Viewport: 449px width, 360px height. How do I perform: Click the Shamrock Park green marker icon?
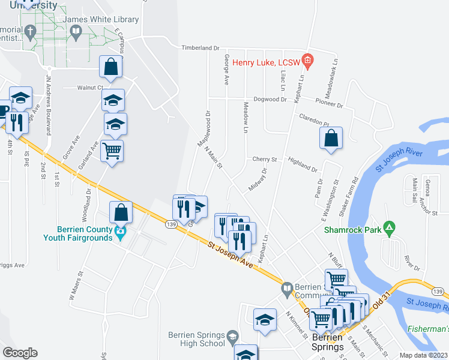click(x=390, y=229)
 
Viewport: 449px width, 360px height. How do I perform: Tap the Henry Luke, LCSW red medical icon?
click(x=307, y=60)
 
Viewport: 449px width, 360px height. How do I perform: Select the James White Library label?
click(x=101, y=20)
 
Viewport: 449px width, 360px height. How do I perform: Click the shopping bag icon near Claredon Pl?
click(x=331, y=139)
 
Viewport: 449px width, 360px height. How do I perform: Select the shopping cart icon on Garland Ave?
click(x=112, y=151)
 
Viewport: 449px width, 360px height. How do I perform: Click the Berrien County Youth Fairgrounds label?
click(x=78, y=233)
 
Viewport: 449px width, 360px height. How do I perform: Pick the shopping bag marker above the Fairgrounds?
click(x=121, y=212)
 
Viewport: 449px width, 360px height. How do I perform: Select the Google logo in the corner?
click(x=20, y=353)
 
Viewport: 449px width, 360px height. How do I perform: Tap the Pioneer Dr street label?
click(x=331, y=105)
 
